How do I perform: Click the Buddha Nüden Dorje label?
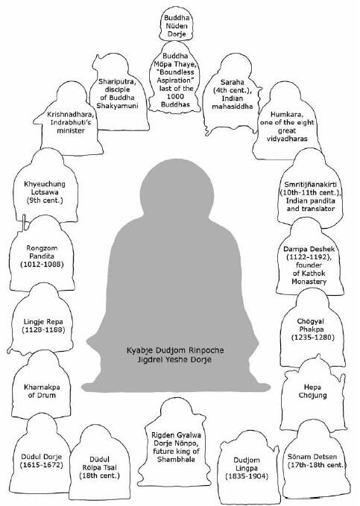pos(177,26)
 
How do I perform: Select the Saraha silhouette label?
pos(232,94)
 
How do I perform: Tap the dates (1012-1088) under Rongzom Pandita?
pos(42,265)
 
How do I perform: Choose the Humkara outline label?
pos(287,126)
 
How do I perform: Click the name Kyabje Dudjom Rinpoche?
pos(175,350)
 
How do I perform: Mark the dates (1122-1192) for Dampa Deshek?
pos(309,257)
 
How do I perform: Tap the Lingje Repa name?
pos(43,322)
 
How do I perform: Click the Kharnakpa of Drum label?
pos(42,391)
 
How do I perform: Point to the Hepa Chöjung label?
pos(312,391)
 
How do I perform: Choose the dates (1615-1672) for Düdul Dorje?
pos(41,465)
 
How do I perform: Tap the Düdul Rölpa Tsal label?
pos(99,467)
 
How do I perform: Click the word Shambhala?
pos(177,459)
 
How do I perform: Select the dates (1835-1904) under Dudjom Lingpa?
pos(247,476)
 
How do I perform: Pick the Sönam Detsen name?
pos(312,457)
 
